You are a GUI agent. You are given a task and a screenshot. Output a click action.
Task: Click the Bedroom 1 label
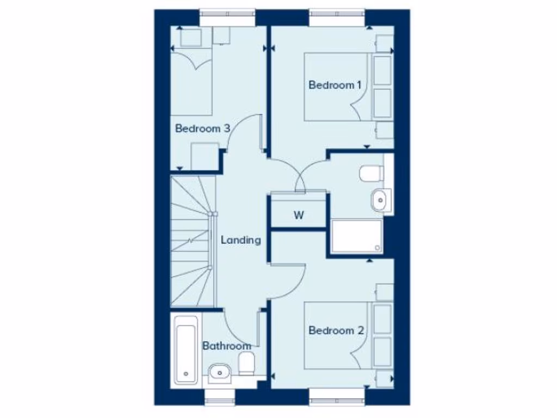pyautogui.click(x=335, y=85)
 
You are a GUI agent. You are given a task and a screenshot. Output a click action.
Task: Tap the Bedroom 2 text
pyautogui.click(x=336, y=330)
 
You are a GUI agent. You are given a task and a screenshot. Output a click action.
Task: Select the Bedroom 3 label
pyautogui.click(x=202, y=128)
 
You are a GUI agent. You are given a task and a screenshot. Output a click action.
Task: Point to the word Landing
pyautogui.click(x=240, y=239)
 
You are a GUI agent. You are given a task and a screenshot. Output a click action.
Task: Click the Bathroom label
pyautogui.click(x=227, y=346)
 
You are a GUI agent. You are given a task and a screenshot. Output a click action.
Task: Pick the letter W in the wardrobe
pyautogui.click(x=299, y=215)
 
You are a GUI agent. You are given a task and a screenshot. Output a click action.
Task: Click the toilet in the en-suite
pyautogui.click(x=371, y=174)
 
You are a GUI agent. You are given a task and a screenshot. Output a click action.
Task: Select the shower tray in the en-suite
pyautogui.click(x=356, y=236)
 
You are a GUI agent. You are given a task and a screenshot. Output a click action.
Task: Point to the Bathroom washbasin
pyautogui.click(x=220, y=372)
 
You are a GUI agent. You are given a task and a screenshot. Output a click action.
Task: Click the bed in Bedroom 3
pyautogui.click(x=191, y=82)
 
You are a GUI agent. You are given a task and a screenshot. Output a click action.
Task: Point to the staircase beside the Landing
pyautogui.click(x=191, y=239)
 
